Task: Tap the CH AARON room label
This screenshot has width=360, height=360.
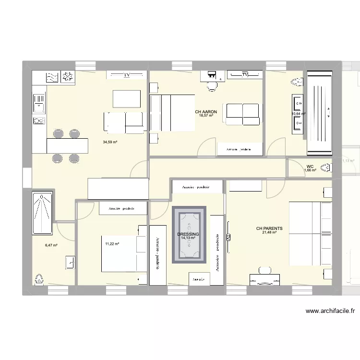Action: tap(206, 112)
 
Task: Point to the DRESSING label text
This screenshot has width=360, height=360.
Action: tap(188, 234)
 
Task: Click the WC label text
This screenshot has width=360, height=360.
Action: tap(310, 167)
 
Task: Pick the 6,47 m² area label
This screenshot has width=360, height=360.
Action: tap(51, 245)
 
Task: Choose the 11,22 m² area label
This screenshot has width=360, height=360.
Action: tap(112, 244)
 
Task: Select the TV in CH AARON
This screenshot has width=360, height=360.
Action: tap(245, 75)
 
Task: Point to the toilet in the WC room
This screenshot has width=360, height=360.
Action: tap(326, 168)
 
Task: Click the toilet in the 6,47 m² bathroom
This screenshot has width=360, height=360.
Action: tap(38, 278)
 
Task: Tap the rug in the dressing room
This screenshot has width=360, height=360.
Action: tap(190, 235)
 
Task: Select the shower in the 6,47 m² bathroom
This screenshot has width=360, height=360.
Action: tap(43, 211)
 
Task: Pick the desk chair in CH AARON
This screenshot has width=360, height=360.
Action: tap(211, 86)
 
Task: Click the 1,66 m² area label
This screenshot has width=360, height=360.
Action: tap(310, 170)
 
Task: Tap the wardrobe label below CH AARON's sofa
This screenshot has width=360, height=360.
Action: tap(239, 150)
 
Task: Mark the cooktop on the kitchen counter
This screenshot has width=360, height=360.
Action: tap(38, 121)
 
